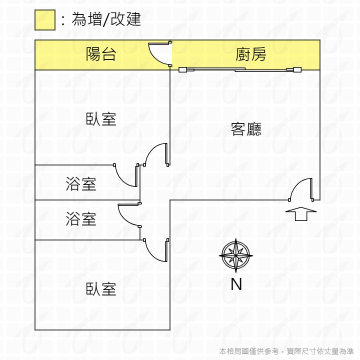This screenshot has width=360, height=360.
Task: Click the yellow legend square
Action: tap(45, 20)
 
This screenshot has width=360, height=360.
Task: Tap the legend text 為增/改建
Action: tap(106, 19)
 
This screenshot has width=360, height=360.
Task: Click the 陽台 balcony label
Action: tap(101, 54)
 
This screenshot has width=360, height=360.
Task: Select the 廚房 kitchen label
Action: tap(250, 54)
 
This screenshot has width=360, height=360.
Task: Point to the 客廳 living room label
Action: tap(246, 129)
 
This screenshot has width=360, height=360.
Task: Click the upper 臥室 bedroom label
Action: tap(101, 119)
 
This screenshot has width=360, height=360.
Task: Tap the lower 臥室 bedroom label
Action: tap(101, 288)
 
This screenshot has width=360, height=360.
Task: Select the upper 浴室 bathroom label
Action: tap(81, 184)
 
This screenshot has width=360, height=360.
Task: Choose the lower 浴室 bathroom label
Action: tap(81, 219)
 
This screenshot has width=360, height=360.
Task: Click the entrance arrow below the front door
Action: tap(301, 214)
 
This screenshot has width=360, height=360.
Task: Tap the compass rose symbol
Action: tap(236, 255)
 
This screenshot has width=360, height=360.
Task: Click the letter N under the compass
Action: tap(236, 284)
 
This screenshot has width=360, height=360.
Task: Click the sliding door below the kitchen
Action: tap(240, 69)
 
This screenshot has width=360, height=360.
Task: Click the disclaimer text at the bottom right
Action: tap(286, 351)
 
